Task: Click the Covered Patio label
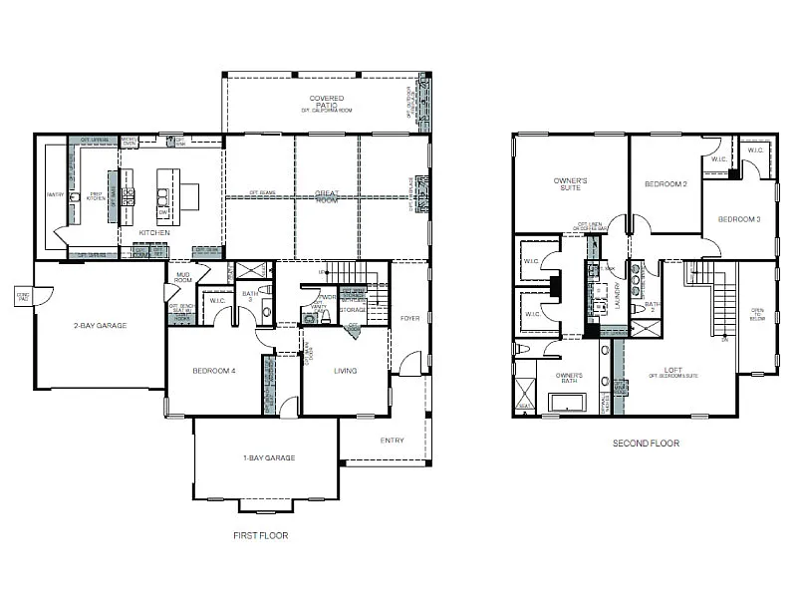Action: tap(326, 101)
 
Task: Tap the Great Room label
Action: tap(326, 196)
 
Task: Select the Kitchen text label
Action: tap(154, 232)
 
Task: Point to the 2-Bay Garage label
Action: tap(100, 324)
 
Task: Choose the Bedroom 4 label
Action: tap(213, 371)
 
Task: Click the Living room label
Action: tap(345, 371)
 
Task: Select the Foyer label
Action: tap(410, 319)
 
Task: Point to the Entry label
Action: tap(392, 441)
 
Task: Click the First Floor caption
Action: tap(260, 535)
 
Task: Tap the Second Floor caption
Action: tap(647, 444)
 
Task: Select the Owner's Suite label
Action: tap(570, 184)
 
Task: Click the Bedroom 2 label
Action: tap(665, 184)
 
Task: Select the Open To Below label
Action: tap(758, 315)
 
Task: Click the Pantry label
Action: tap(56, 195)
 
